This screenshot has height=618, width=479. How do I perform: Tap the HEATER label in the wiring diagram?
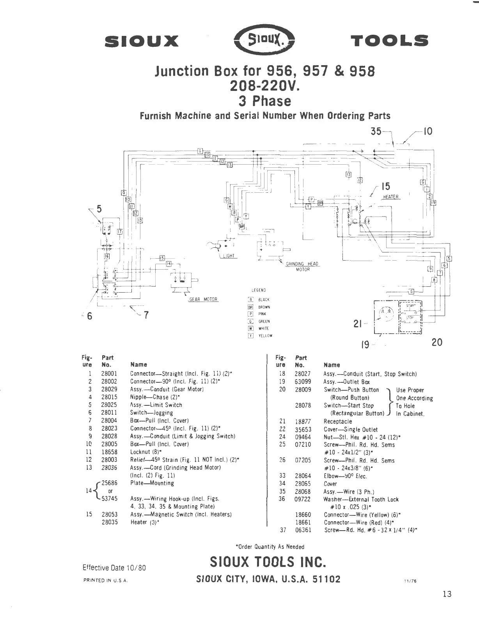[390, 197]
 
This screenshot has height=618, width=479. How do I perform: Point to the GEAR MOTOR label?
[203, 300]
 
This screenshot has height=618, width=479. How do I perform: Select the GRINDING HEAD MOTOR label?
[303, 266]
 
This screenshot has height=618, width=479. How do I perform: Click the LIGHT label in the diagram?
[229, 256]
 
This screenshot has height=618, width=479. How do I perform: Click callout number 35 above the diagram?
[376, 131]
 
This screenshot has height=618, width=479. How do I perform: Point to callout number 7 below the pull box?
[146, 315]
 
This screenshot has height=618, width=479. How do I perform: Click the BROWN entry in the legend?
[264, 307]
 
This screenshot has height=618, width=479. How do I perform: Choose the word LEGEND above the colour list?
[259, 290]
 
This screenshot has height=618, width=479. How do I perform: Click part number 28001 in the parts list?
[109, 374]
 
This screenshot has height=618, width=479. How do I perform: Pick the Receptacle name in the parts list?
[338, 421]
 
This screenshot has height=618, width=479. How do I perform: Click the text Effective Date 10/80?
[114, 568]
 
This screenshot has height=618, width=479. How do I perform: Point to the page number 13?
[447, 594]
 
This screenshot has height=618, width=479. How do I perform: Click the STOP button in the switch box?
[410, 318]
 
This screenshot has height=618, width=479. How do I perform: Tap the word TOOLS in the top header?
[389, 41]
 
